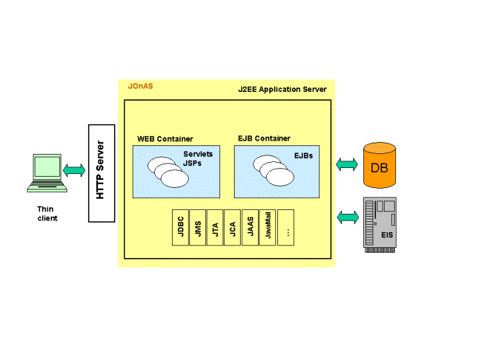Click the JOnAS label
(140, 86)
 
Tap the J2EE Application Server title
(283, 89)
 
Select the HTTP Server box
(101, 173)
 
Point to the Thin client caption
(47, 213)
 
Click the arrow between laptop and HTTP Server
(74, 170)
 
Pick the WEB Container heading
(165, 139)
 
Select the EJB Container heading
(264, 139)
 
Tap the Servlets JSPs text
(197, 159)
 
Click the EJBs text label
(304, 155)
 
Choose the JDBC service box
(181, 227)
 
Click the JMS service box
(198, 227)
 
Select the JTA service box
(215, 227)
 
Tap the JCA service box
(233, 227)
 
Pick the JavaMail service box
(268, 227)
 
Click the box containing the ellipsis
(286, 227)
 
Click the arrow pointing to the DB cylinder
(347, 164)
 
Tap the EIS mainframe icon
(379, 223)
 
